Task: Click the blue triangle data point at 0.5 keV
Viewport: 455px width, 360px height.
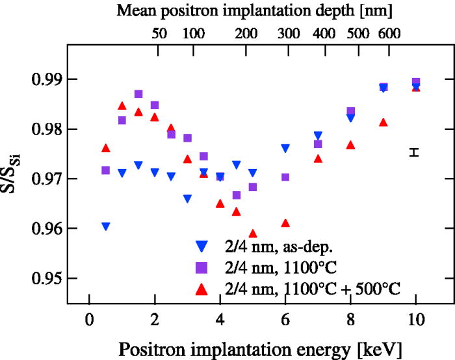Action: pyautogui.click(x=105, y=226)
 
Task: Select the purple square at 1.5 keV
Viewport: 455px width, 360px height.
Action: pyautogui.click(x=138, y=94)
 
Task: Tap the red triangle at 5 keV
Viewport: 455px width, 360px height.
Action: pyautogui.click(x=253, y=233)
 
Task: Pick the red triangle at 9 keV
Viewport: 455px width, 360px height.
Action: pyautogui.click(x=383, y=122)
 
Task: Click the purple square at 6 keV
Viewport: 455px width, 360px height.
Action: pyautogui.click(x=285, y=177)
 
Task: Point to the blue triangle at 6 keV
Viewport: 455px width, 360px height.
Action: pyautogui.click(x=285, y=148)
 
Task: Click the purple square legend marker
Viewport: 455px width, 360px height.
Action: pyautogui.click(x=201, y=266)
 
